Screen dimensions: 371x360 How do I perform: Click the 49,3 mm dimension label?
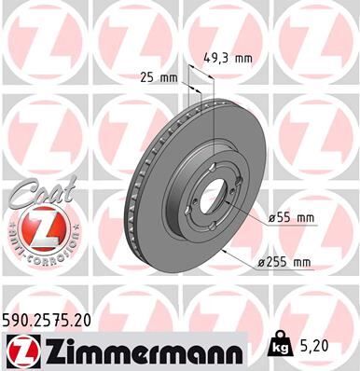click(229, 58)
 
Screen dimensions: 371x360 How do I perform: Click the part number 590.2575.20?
click(48, 319)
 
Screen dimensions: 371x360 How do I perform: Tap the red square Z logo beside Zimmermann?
click(20, 351)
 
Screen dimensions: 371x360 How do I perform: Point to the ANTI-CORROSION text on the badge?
click(35, 254)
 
